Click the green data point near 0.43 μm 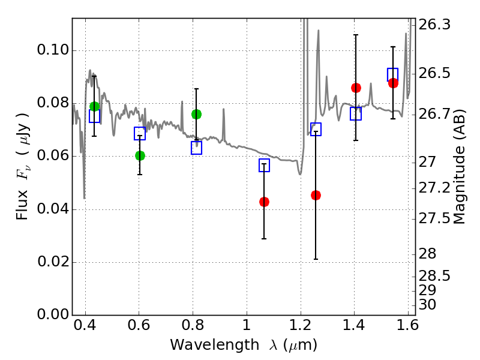pos(95,106)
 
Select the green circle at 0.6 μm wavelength pos(140,155)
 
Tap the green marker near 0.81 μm pos(197,114)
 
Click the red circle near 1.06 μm pos(264,202)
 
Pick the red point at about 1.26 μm pos(316,196)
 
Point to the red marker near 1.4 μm pos(356,88)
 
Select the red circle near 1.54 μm pos(393,83)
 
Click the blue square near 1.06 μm pos(264,166)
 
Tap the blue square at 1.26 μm pos(316,129)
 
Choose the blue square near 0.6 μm pos(140,133)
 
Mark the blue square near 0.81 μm pos(197,148)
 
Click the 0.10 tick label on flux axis pos(53,50)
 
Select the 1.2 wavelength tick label pos(301,325)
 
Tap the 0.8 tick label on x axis pos(193,325)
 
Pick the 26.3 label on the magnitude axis pos(434,25)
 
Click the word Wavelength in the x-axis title pos(215,345)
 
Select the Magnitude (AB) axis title pos(458,167)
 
